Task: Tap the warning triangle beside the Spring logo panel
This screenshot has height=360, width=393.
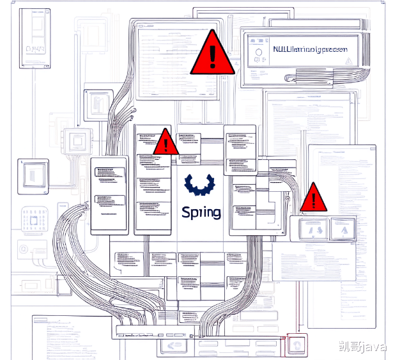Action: tap(166, 142)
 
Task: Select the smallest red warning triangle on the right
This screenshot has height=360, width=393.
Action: tap(313, 198)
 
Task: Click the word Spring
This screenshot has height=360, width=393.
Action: tap(201, 212)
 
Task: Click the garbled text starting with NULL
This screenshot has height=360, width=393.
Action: tap(310, 49)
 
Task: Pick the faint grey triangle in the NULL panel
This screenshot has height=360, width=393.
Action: tap(348, 59)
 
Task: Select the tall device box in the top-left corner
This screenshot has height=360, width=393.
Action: tap(35, 38)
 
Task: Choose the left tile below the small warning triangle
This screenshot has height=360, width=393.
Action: tap(311, 228)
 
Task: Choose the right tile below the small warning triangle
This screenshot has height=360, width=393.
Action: tap(343, 228)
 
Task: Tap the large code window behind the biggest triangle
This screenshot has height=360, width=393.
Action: tap(176, 61)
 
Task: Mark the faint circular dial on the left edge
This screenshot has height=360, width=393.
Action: tap(23, 249)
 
